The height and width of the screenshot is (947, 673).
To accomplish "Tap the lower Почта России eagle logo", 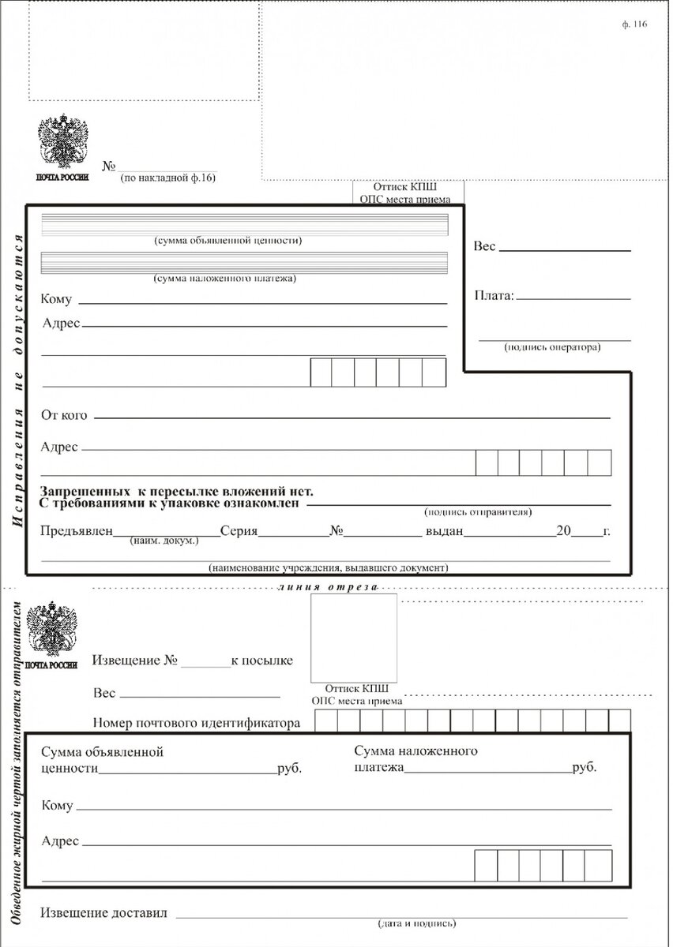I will coord(51,631).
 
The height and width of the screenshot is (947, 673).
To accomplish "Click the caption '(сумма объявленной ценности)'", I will coord(228,240).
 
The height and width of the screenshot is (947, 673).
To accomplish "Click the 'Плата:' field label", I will coord(494,296).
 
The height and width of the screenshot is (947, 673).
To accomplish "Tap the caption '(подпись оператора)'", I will coord(552,346).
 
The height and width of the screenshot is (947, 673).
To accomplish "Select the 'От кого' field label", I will coord(64,415).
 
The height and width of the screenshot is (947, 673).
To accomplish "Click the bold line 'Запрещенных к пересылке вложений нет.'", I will coord(177,491).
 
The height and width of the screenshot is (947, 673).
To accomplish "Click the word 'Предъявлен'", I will coord(77,531).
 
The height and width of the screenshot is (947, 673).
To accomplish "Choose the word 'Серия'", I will coord(239,531).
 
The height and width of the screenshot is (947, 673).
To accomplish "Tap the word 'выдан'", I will coord(444,531).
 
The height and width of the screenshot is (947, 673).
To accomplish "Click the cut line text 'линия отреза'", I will coord(328,587).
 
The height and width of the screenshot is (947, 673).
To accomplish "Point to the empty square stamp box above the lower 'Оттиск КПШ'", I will coord(353,637).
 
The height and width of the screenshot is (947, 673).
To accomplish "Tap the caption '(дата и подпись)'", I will coord(417,923).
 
